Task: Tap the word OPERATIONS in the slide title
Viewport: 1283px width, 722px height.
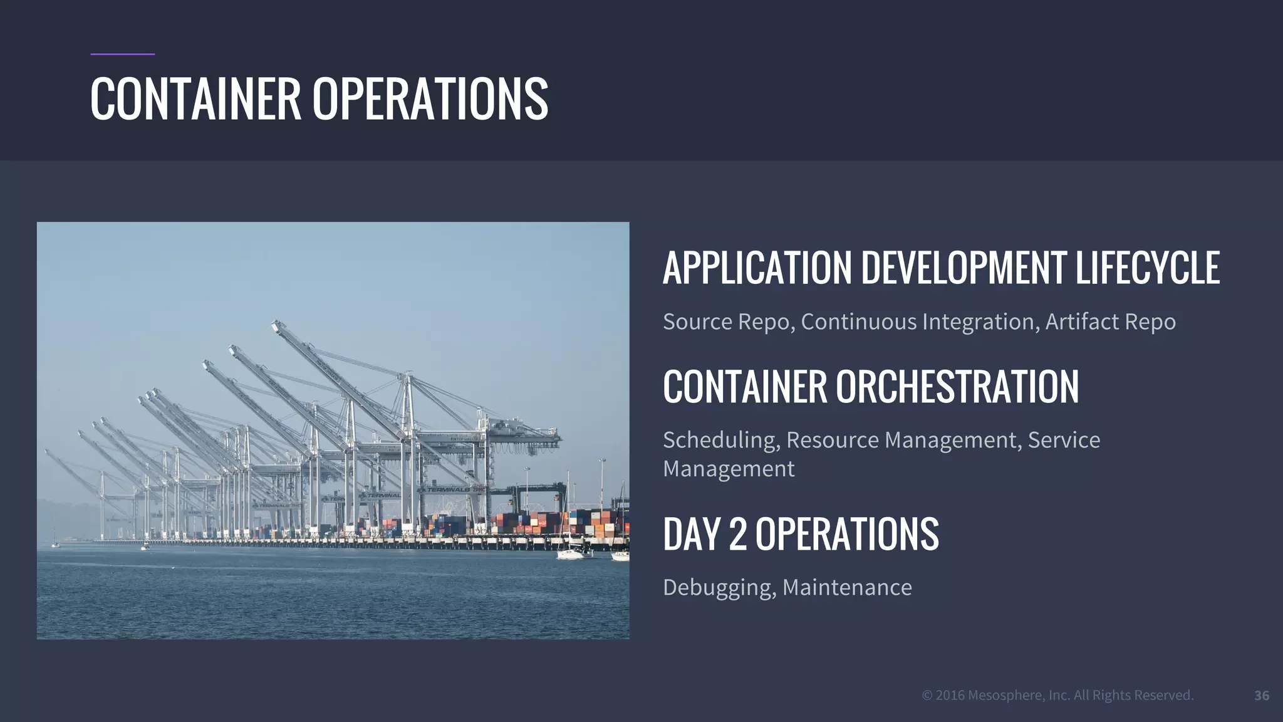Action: tap(430, 98)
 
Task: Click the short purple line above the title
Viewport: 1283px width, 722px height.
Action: tap(122, 55)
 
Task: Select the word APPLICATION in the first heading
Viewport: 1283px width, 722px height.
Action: tap(757, 268)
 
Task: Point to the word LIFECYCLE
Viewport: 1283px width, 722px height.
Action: tap(1148, 268)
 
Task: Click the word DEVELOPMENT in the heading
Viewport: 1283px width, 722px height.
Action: tap(964, 268)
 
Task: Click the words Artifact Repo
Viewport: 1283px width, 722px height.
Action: tap(1110, 322)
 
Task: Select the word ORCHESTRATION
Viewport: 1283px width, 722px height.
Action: tap(957, 386)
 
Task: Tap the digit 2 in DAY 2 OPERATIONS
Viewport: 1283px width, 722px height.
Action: tap(738, 535)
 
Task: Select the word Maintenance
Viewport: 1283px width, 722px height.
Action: tap(847, 587)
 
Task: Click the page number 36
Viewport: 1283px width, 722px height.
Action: tap(1262, 695)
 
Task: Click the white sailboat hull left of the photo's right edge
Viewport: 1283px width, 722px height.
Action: tap(571, 554)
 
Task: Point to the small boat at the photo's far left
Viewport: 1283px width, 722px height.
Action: tap(55, 544)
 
